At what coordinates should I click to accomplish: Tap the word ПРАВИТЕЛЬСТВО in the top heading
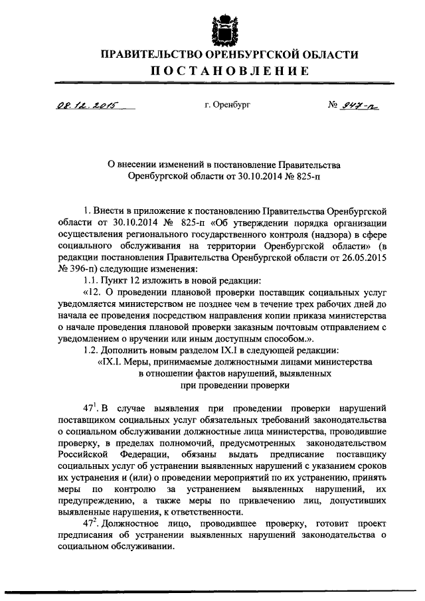(x=152, y=54)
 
